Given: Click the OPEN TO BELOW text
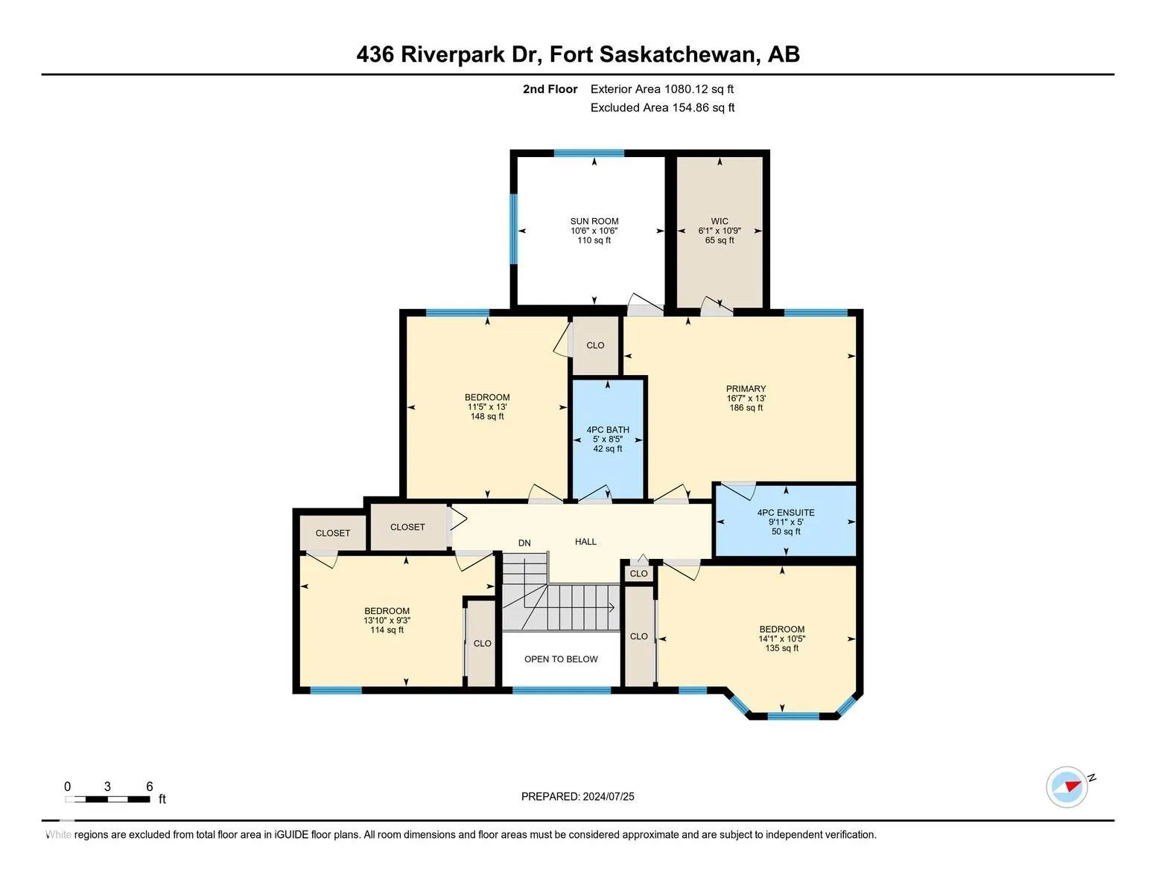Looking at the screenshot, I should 561,659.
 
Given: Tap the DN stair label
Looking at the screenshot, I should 524,543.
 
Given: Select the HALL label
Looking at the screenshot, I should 585,542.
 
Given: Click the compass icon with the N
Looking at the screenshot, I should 1067,787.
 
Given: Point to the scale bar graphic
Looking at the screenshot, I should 107,799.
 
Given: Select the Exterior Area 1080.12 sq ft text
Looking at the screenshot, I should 662,89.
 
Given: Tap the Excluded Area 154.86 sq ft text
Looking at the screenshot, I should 662,108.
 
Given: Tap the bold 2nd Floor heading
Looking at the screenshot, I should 550,89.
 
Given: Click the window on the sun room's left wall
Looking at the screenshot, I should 513,228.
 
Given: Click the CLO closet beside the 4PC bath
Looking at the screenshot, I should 595,345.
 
